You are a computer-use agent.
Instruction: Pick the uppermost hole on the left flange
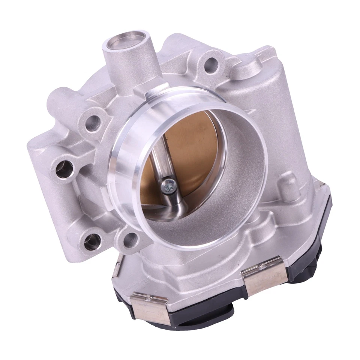pyautogui.click(x=93, y=123)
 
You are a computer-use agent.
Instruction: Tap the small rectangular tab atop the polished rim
pyautogui.click(x=157, y=89)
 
